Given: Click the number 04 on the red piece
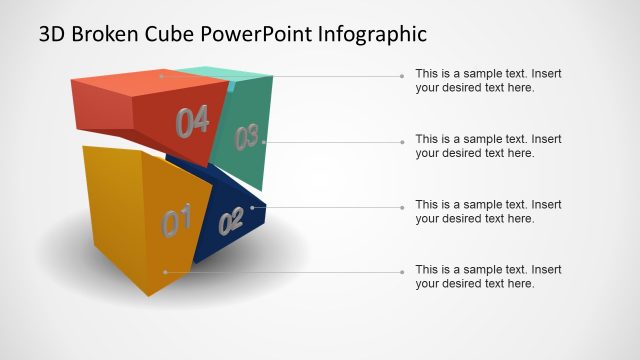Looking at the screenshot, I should point(192,122).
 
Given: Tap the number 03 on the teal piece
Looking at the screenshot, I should point(247,137).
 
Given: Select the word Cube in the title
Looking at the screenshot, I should point(172,34).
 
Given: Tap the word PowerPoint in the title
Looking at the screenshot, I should point(257,34).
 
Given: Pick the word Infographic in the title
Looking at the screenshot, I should point(372,34).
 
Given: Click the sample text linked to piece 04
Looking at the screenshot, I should point(488,80).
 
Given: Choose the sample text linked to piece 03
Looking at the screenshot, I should point(488,145).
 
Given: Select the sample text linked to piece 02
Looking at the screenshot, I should point(488,211).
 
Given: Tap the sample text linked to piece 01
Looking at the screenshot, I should point(488,276).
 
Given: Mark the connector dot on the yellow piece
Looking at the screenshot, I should point(165,271).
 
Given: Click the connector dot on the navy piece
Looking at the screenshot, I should point(251,207).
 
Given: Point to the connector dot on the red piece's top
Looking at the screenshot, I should point(161,75).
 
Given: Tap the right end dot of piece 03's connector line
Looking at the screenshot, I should point(402,142).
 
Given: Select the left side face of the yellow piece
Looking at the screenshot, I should point(113,210).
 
